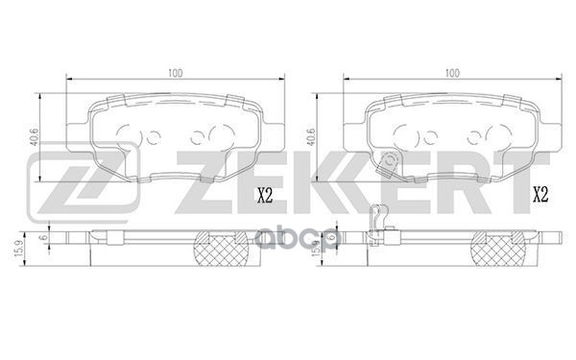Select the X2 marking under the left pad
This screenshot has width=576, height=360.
(x=265, y=198)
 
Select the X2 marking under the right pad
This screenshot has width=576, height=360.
(x=540, y=198)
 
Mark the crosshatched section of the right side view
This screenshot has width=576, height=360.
(x=494, y=252)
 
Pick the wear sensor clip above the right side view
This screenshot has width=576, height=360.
(x=378, y=224)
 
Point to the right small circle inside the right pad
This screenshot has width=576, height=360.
(x=478, y=135)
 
